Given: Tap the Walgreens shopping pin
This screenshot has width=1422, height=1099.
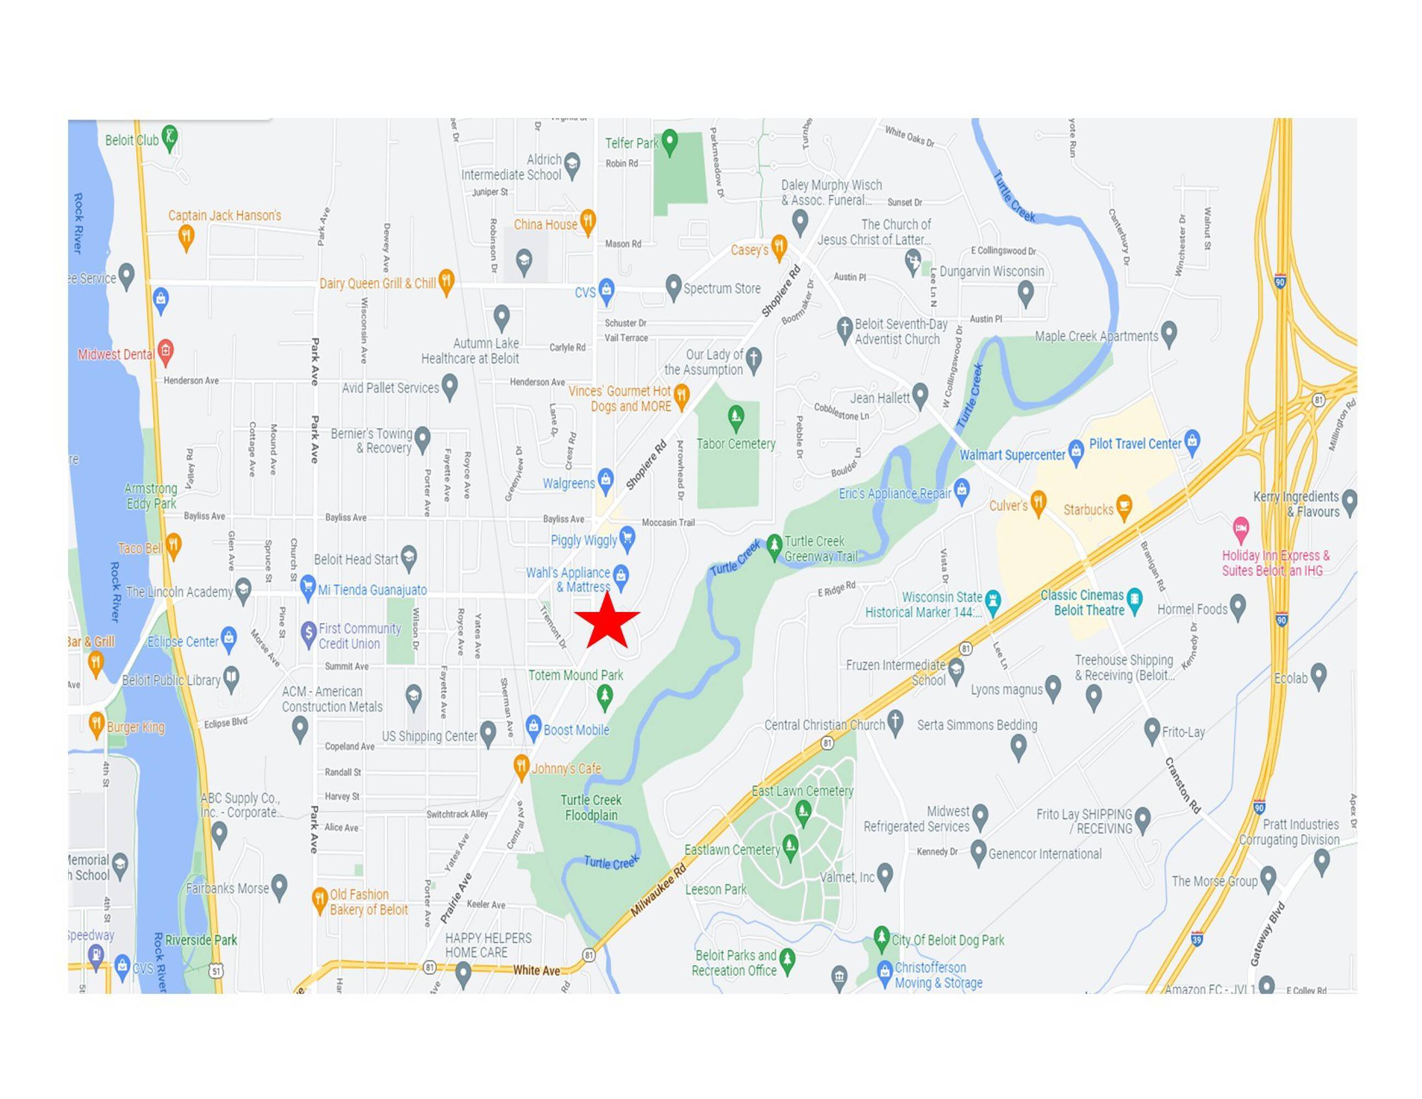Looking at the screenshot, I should pos(606,480).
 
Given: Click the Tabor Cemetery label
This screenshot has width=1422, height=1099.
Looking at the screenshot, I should pos(736,444).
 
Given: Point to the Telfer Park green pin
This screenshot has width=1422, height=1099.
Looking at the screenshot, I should pos(669,141).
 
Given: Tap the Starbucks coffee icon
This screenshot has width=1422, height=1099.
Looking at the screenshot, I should pos(1124,506).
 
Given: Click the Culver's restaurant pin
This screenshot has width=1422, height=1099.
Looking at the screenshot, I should pos(1038,503).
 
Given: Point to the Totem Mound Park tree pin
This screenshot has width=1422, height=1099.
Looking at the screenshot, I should pos(605,696).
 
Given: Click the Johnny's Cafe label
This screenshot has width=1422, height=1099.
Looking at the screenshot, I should pos(566,768).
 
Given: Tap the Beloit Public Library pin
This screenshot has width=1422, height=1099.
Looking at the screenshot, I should pos(231,677).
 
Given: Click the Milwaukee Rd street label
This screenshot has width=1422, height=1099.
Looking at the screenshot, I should pos(658,891).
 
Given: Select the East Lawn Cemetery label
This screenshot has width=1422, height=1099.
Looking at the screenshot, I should pos(802,791).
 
